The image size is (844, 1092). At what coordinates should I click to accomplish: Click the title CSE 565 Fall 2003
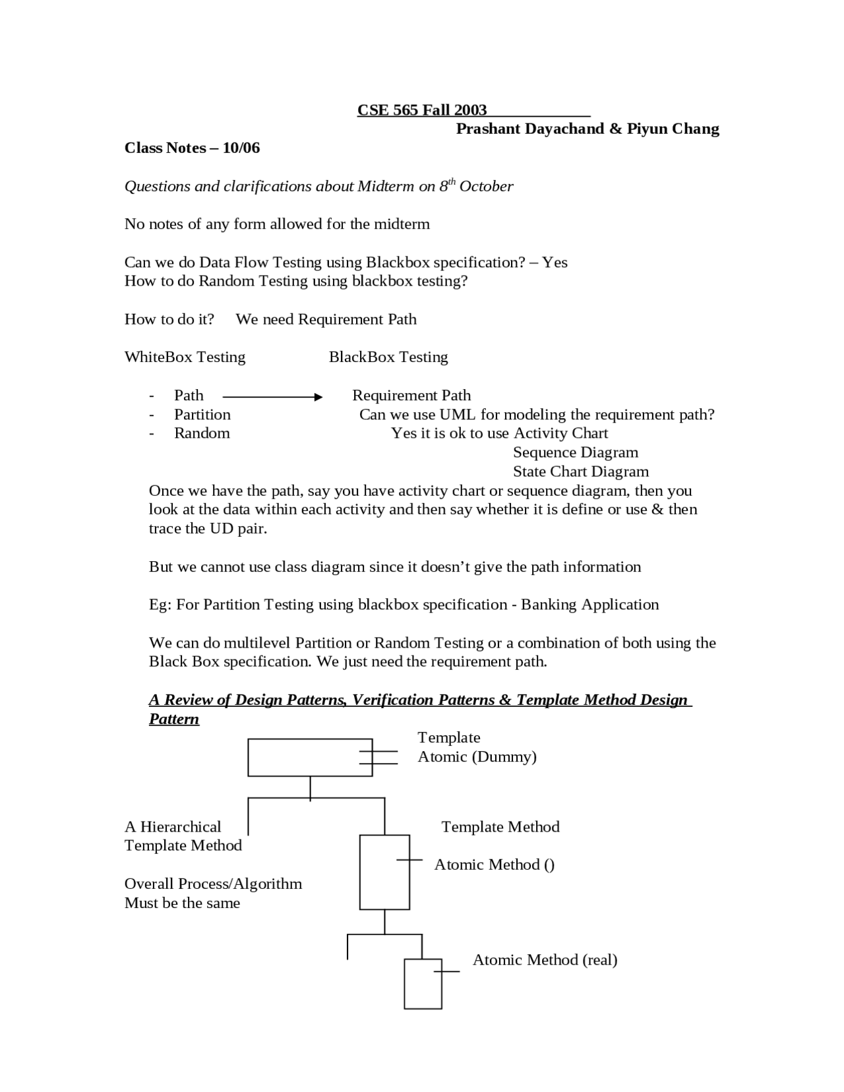pos(422,110)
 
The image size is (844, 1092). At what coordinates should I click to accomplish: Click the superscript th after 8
pos(452,181)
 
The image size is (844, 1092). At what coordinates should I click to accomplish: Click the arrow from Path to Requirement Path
pos(272,397)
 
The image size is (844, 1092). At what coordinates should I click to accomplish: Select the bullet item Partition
pos(202,415)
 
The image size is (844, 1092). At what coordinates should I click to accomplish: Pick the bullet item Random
pos(202,433)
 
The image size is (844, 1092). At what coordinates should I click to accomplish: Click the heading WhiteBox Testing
pos(185,357)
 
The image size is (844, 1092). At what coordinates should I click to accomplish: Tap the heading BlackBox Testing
pos(388,357)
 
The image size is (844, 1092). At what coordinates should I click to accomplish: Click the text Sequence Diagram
pos(576,452)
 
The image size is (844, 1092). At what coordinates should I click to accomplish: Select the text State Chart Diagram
pos(581,471)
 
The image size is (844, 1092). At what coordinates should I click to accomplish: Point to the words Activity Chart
pos(560,433)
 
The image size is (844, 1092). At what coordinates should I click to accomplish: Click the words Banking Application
pos(590,605)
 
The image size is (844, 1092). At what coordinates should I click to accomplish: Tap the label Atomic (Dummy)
pos(477,756)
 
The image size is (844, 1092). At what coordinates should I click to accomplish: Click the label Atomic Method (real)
pos(545,960)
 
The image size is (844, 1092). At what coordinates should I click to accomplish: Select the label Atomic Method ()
pos(495,865)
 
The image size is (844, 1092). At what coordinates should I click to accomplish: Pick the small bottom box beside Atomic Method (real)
pos(422,984)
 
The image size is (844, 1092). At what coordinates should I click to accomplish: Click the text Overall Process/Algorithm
pos(213,884)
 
